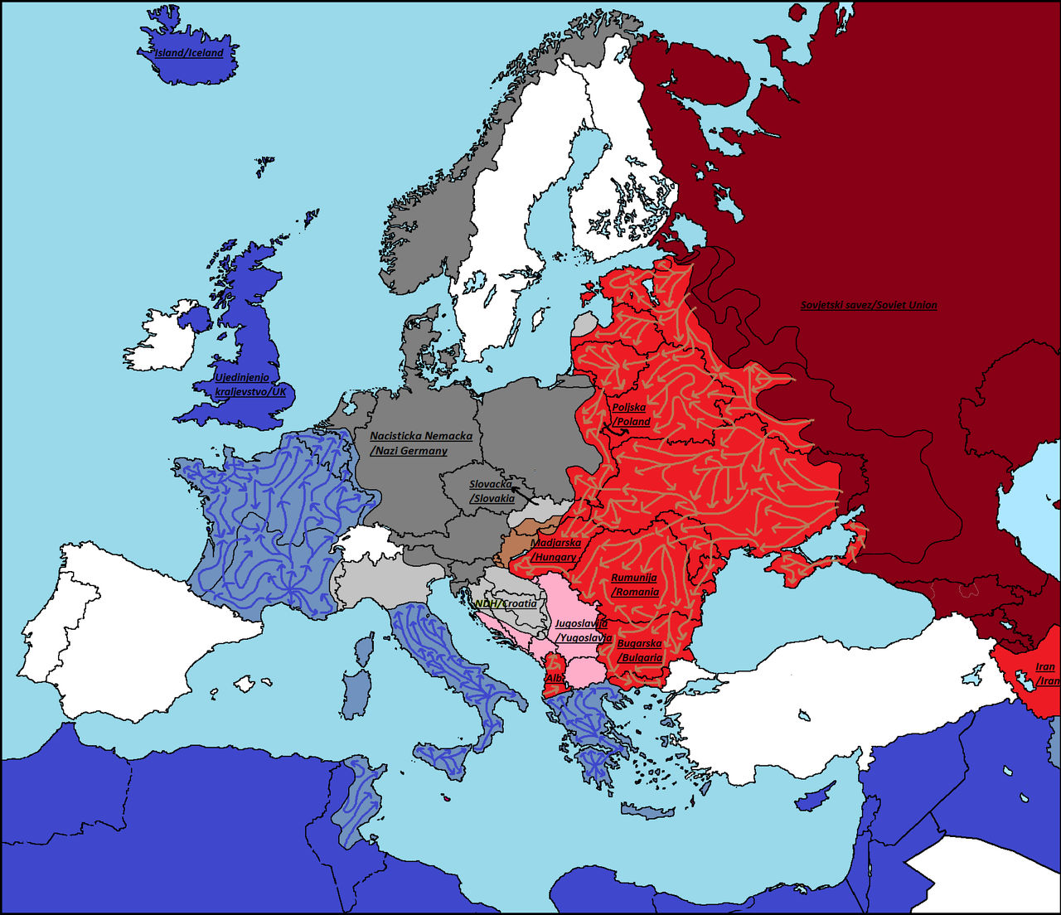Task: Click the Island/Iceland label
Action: tap(189, 53)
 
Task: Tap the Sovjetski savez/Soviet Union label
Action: tap(869, 305)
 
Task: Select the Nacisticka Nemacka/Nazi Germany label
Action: tap(420, 443)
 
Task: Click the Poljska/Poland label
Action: tap(630, 414)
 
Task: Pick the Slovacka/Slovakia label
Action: tap(492, 491)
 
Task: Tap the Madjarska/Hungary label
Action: tap(555, 550)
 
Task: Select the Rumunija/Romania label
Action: tap(635, 585)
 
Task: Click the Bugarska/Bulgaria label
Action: tap(640, 651)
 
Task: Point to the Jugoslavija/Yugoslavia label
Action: tap(584, 631)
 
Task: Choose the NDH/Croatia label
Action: tap(506, 603)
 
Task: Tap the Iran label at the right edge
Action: tap(1046, 674)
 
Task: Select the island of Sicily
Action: tap(443, 758)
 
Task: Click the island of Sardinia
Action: tap(356, 693)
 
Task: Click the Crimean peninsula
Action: tap(796, 569)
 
